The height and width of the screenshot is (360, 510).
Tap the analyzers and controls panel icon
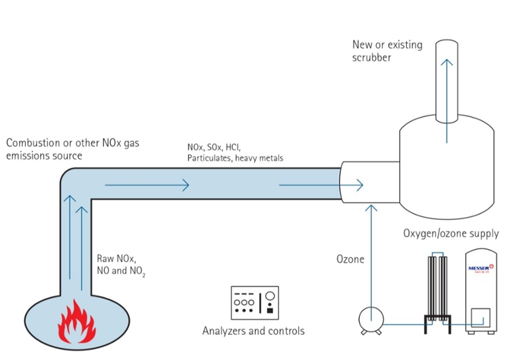coord(254,302)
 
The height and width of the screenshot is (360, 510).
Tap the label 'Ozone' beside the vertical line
coord(351,259)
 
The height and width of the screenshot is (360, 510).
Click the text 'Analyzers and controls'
coord(253,331)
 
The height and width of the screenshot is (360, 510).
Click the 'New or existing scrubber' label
coord(387,51)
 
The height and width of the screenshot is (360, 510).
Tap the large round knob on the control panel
coord(270,296)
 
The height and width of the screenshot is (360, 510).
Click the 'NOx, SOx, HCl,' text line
coord(214,147)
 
